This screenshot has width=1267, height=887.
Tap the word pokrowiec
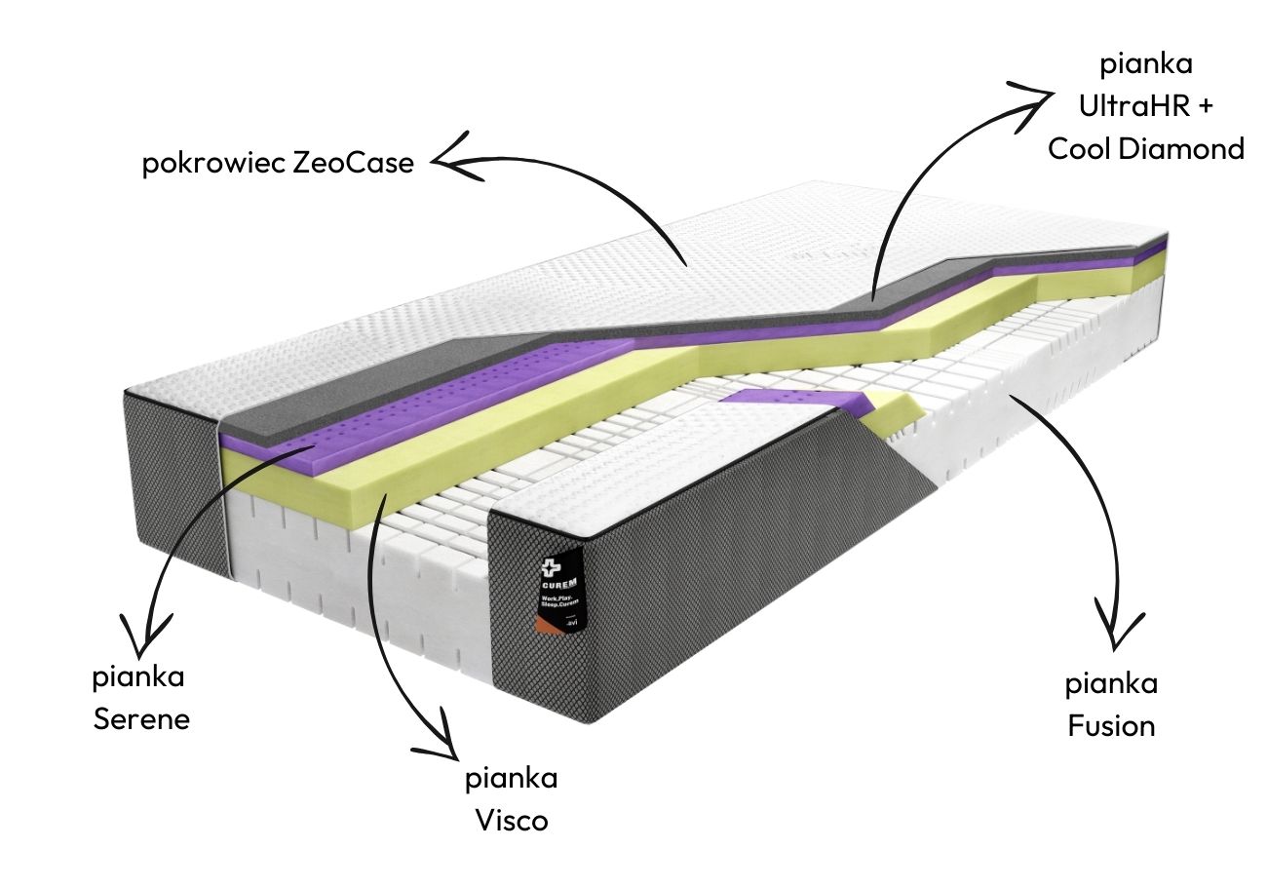[x=214, y=163]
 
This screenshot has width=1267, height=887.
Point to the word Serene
[x=141, y=719]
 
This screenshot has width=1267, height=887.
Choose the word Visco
[x=512, y=821]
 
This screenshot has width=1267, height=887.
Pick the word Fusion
[x=1111, y=726]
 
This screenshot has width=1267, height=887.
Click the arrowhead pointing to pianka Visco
[x=442, y=741]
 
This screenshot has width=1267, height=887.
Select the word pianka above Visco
[x=512, y=779]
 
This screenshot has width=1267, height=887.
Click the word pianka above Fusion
[x=1111, y=684]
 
